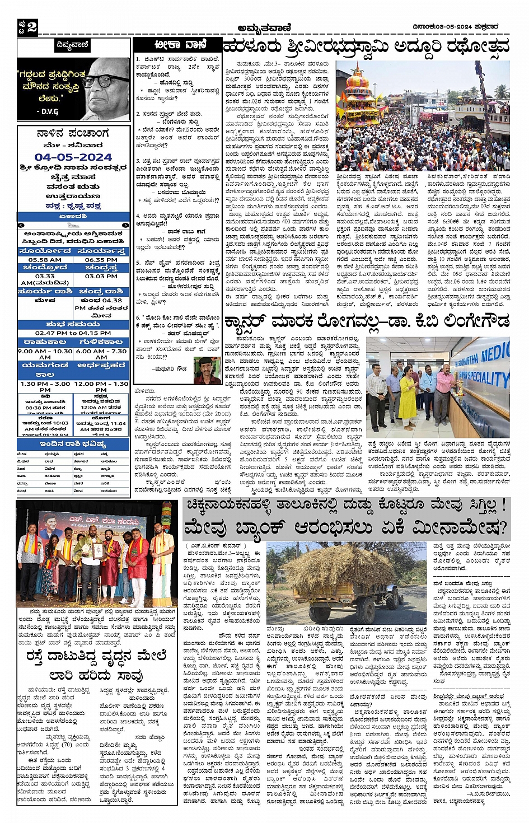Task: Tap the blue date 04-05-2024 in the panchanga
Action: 73,157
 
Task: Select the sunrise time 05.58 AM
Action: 45,260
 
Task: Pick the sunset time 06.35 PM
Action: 101,260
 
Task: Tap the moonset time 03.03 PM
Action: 101,276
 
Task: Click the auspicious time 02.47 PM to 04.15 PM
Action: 73,333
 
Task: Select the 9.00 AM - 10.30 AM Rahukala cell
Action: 45,354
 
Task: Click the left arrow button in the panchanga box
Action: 21,225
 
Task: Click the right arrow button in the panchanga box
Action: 127,225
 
